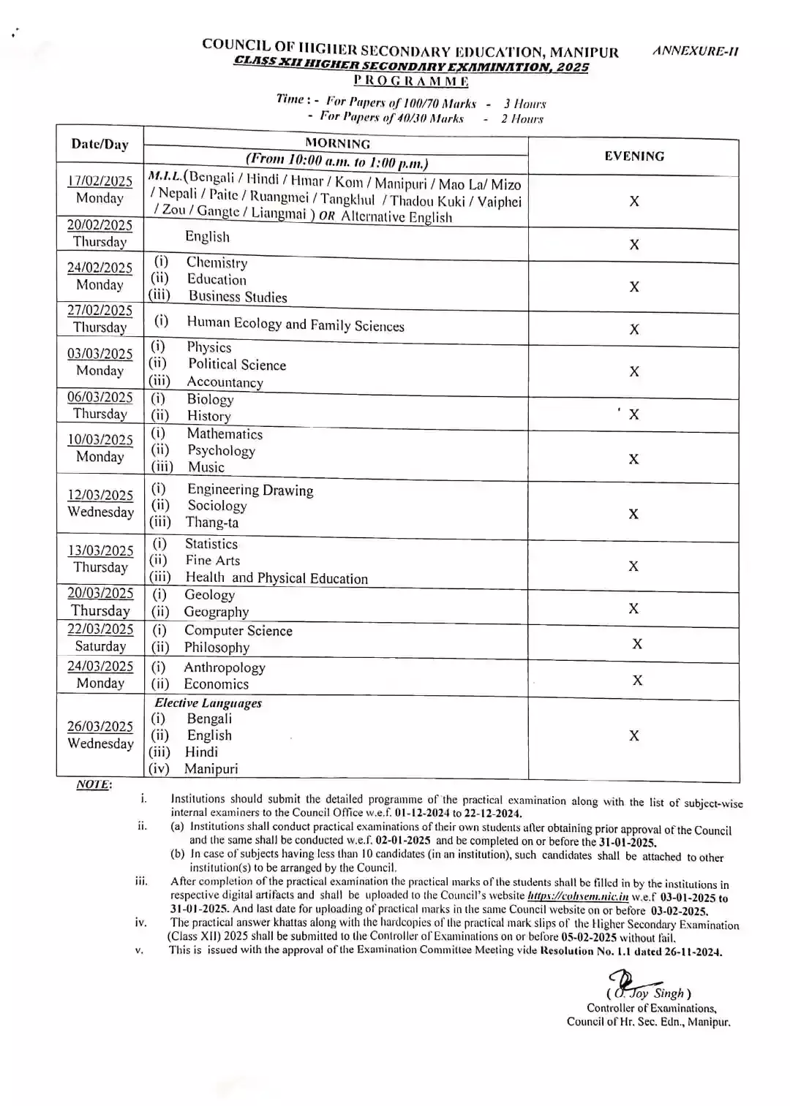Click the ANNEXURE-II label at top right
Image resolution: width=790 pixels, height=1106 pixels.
point(695,51)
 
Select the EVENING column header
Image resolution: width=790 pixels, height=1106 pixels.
point(634,156)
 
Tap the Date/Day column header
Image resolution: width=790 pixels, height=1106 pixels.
point(99,143)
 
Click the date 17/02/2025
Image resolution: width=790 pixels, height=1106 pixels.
point(99,181)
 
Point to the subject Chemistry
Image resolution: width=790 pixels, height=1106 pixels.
point(217,262)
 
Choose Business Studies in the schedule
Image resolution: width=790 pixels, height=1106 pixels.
point(237,296)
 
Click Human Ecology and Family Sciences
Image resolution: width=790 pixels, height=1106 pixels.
point(295,324)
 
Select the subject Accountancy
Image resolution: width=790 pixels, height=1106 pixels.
point(225,382)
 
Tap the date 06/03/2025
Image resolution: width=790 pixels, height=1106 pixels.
point(99,397)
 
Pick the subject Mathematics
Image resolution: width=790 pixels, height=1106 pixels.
point(225,433)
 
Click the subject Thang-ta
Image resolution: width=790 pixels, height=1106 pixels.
point(212,522)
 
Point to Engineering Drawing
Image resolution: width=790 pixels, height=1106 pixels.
point(250,490)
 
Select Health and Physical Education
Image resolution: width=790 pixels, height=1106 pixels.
point(276,577)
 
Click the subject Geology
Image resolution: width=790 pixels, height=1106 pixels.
point(209,594)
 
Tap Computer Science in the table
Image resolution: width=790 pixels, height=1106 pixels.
point(238,630)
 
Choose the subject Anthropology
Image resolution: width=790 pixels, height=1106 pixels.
point(224,667)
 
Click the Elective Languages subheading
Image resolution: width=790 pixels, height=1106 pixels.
point(208,702)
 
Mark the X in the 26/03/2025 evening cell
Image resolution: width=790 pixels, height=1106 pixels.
point(634,735)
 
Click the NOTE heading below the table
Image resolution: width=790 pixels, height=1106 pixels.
point(94,784)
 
